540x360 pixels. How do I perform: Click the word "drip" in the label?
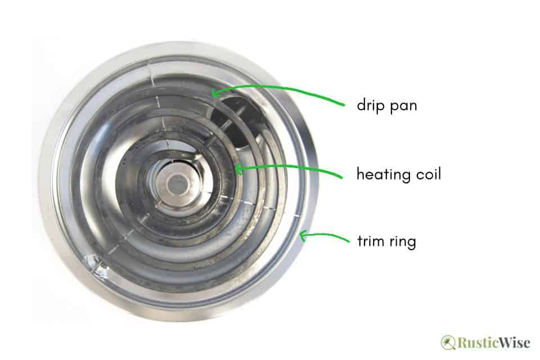coord(370,105)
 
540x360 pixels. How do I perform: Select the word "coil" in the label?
coord(427,174)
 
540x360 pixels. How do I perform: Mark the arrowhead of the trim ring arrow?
coord(303,237)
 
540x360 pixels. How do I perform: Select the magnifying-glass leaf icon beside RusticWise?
coord(448,343)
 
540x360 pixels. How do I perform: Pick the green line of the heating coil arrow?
coord(292,166)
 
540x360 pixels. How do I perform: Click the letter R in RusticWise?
coord(462,343)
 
